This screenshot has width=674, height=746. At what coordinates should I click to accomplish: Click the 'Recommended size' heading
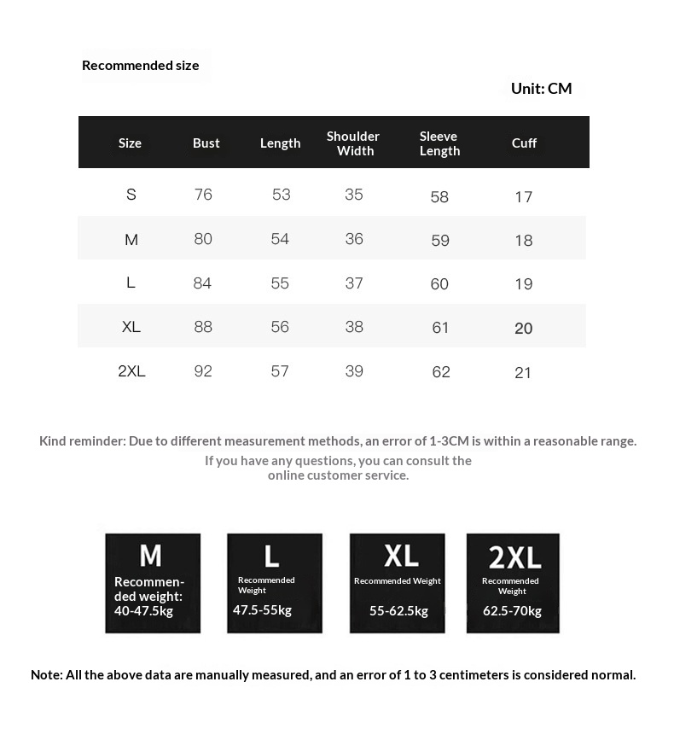140,65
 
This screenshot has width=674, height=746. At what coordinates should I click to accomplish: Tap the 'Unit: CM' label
541,88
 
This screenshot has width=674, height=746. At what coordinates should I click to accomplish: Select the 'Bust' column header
206,143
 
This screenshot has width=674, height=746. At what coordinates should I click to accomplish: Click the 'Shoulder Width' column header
353,143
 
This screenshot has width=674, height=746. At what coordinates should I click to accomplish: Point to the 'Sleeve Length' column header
439,143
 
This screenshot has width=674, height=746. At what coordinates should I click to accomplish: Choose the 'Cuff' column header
524,143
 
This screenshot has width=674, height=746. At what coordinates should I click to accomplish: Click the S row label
131,195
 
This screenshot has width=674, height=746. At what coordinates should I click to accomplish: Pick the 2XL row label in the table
131,371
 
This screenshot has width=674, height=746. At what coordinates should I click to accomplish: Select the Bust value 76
203,195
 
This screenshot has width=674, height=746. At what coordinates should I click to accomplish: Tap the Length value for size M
280,239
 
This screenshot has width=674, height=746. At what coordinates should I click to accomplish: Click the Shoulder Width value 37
354,283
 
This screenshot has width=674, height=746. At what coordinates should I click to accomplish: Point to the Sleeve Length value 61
440,328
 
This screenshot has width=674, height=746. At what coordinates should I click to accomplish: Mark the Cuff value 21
523,372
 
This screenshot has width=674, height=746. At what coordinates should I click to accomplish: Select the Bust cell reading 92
203,371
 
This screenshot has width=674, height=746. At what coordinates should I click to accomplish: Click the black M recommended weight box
153,583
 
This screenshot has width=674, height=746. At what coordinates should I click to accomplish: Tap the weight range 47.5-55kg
262,609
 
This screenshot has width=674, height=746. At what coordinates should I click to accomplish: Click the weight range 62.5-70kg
512,610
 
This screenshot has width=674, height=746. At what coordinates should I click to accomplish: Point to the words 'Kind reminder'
81,440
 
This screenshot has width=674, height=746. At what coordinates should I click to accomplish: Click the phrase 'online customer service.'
338,475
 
